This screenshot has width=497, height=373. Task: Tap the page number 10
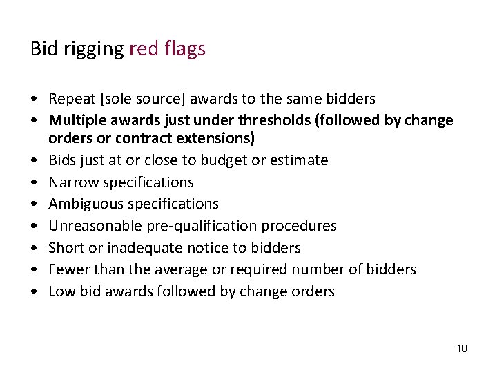tap(462, 347)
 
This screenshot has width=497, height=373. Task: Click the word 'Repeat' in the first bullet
tap(71, 99)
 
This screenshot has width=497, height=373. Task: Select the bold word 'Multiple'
tap(78, 120)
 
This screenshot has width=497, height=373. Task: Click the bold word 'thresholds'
tap(277, 120)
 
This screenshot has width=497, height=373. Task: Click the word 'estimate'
tap(298, 160)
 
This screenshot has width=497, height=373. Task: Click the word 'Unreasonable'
tap(90, 226)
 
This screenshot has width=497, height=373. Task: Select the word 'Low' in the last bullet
tap(61, 291)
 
